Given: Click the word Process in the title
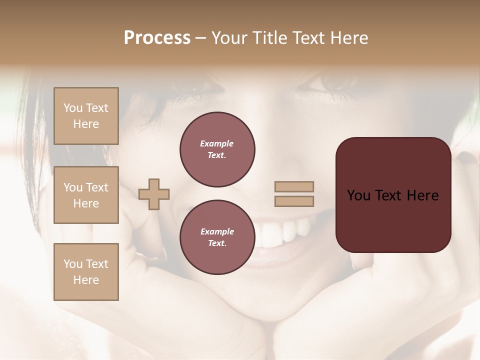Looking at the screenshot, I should click(157, 38).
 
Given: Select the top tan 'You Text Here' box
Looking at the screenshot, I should click(86, 116).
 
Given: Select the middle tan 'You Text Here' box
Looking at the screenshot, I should click(86, 195).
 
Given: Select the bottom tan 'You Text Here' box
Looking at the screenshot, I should click(86, 272).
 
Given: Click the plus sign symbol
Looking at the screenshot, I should click(154, 194).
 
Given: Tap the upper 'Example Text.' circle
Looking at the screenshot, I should click(217, 149).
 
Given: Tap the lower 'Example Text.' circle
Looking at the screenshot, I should click(217, 237).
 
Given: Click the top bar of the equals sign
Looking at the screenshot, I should click(294, 187).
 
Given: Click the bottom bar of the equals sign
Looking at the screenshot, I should click(294, 201).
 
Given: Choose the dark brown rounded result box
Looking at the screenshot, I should click(393, 194).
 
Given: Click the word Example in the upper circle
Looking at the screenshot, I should click(217, 143).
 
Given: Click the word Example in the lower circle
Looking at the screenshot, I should click(217, 231).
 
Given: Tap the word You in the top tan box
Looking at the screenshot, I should click(73, 108).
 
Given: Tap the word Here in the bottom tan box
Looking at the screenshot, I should click(86, 280).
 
